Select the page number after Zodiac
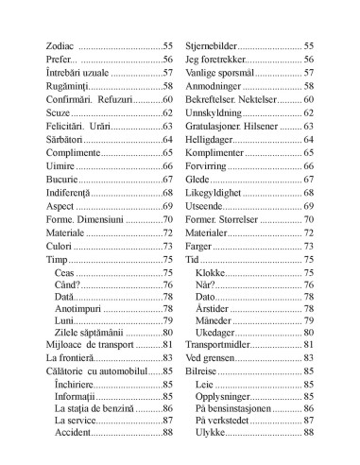click(168, 45)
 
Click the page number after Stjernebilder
click(308, 45)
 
